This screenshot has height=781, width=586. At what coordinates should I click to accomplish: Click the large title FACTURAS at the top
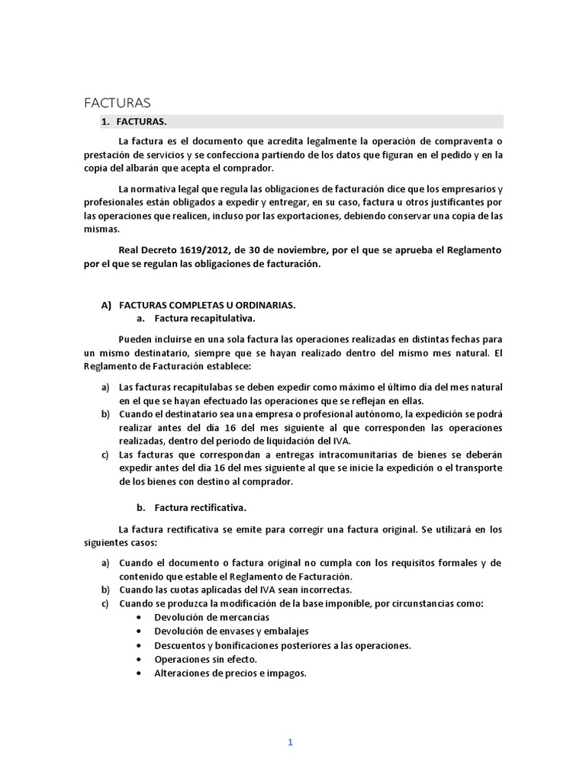117,102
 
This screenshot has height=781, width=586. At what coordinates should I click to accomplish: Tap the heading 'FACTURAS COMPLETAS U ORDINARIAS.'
207,304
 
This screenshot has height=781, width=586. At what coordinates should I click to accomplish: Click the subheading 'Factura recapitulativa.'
204,318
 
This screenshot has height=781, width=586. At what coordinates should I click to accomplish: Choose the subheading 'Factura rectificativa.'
201,507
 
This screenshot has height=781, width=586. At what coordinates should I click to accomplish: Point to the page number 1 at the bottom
291,722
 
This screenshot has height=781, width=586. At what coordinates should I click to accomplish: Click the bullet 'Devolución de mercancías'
211,617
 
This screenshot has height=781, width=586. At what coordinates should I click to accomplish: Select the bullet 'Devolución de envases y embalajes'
231,632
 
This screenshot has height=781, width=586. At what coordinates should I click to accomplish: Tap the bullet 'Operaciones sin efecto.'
205,659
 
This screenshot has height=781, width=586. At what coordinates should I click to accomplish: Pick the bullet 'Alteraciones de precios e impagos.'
230,673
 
